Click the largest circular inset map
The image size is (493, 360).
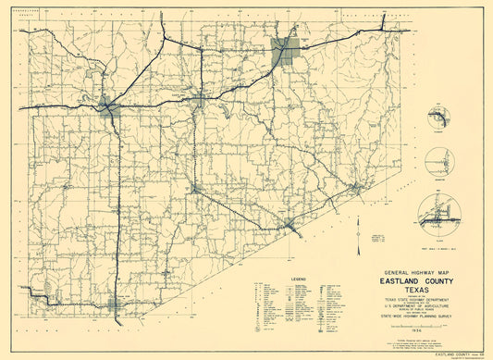coord(439,216)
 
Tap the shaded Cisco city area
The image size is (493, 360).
coord(109,106)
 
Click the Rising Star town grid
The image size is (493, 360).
coord(116,304)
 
